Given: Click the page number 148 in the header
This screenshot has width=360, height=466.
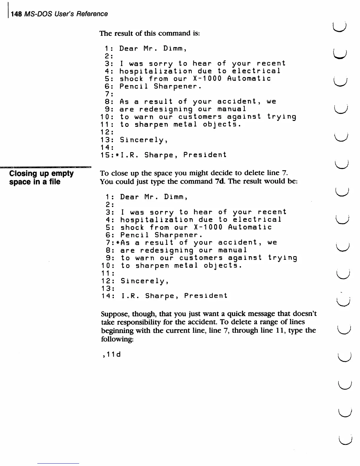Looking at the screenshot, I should pyautogui.click(x=16, y=14).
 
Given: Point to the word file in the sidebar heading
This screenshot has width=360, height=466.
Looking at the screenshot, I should pyautogui.click(x=54, y=182).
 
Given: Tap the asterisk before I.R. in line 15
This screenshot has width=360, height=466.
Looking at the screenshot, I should pyautogui.click(x=117, y=155).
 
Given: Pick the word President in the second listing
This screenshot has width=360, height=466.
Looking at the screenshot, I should pyautogui.click(x=206, y=296).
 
